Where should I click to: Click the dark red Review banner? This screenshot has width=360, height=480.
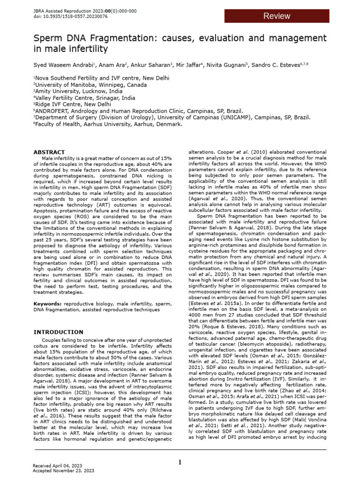coord(276,16)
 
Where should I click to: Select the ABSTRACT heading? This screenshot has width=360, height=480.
coord(49,152)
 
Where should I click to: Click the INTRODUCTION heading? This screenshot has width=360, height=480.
coord(58,332)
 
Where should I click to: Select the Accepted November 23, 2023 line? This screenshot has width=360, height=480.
coord(63,470)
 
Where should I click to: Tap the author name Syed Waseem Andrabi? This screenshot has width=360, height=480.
coord(63,64)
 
